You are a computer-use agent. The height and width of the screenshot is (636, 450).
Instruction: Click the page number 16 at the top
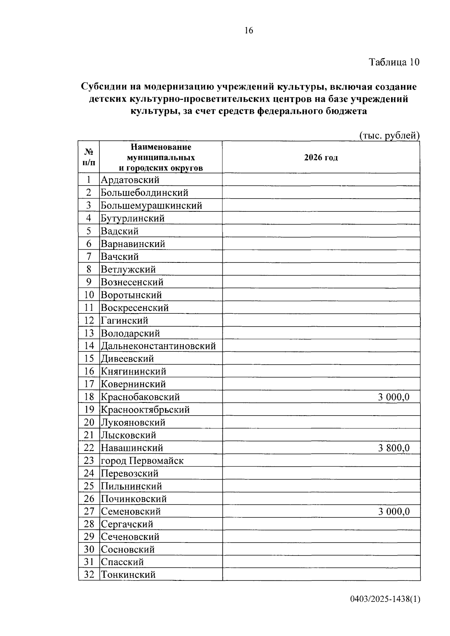(249, 30)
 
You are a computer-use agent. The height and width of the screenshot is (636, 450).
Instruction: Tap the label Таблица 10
(394, 62)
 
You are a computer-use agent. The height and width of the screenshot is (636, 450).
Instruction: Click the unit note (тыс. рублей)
(389, 136)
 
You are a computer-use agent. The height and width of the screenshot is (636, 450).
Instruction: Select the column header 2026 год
(321, 158)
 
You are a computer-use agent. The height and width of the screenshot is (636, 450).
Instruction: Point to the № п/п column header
(89, 157)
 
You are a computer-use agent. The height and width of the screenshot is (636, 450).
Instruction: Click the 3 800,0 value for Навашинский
(394, 448)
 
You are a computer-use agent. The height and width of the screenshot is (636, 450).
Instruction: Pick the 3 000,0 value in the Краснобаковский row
(394, 397)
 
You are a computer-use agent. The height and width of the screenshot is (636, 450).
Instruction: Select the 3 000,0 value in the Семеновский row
(394, 511)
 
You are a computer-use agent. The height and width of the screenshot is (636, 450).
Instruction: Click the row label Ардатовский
(130, 180)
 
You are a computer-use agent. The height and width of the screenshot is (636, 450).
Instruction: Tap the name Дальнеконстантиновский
(158, 346)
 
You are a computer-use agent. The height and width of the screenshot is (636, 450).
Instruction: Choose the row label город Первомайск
(142, 461)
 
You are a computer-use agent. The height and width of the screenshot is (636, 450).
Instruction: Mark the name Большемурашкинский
(151, 205)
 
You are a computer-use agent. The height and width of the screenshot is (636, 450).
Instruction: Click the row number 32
(89, 574)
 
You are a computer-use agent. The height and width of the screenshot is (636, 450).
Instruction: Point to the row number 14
(89, 346)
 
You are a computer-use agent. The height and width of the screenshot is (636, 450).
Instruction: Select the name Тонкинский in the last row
(128, 574)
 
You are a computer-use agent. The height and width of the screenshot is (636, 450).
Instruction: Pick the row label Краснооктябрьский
(145, 410)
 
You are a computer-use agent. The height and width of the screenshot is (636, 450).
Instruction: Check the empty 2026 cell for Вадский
(321, 231)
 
